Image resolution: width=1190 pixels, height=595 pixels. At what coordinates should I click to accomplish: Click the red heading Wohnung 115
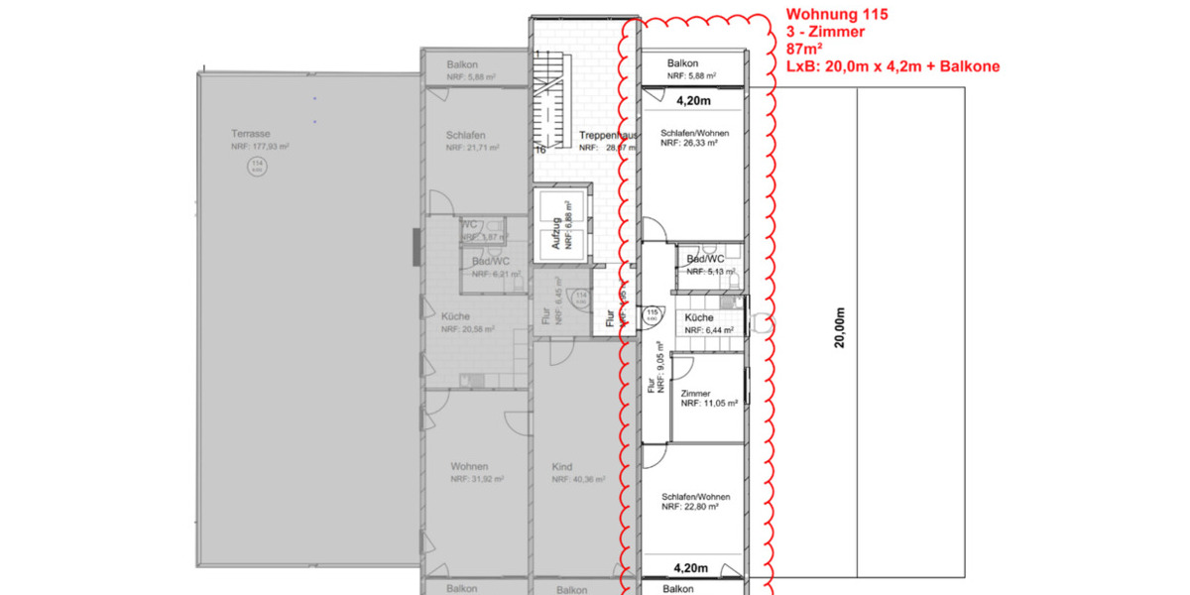[x=837, y=15]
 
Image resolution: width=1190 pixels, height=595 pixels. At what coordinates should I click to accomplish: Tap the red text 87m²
[x=805, y=50]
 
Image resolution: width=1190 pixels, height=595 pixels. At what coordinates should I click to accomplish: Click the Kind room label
[x=562, y=465]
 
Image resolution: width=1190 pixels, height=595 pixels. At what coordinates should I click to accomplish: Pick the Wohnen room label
[x=468, y=465]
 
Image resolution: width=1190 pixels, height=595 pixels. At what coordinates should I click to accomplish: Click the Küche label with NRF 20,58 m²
[x=455, y=317]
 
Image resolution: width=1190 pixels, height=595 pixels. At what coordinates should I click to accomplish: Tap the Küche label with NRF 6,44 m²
[x=698, y=317]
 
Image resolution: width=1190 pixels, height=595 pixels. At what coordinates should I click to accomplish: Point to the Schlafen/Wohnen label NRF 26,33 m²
[x=695, y=132]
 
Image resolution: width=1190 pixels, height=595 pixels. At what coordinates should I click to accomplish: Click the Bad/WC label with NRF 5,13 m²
[x=705, y=259]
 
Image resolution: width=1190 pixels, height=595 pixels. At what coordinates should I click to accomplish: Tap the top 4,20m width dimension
[x=693, y=100]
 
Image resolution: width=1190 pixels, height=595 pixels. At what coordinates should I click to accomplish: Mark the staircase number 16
[x=541, y=151]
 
